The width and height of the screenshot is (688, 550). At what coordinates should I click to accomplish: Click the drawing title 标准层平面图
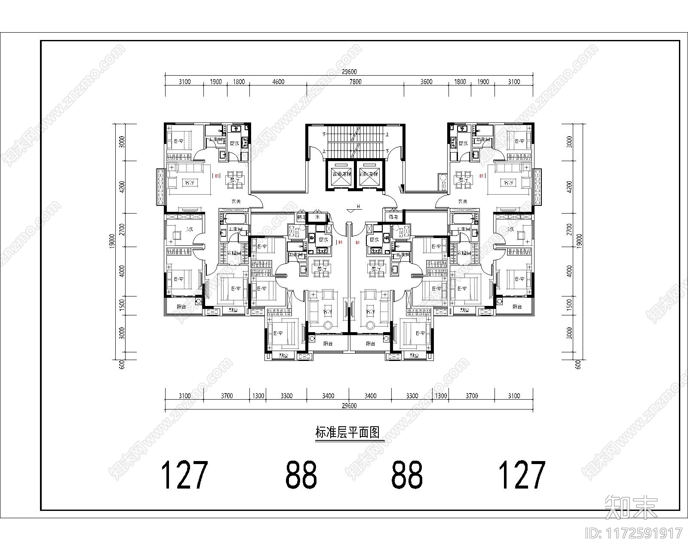click(349, 433)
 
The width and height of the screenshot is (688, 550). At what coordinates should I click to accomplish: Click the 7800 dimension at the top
click(355, 82)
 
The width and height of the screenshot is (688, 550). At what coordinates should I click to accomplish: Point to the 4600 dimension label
click(278, 82)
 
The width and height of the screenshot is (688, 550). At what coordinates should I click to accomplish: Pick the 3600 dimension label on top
click(426, 82)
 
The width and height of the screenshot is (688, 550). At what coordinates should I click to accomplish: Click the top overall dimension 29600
click(349, 72)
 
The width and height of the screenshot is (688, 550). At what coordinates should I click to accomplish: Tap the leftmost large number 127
click(184, 475)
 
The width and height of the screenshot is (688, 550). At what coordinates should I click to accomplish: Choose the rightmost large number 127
click(521, 475)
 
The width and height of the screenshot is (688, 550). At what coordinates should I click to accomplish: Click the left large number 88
click(301, 475)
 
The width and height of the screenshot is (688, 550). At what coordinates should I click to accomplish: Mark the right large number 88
click(407, 475)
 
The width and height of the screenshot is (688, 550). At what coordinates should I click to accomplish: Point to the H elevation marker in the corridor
click(358, 207)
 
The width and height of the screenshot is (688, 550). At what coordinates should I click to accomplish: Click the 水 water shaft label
click(318, 217)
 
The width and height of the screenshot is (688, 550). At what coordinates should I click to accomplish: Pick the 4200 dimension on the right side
click(570, 187)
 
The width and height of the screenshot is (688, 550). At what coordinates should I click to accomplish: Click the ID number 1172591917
click(634, 533)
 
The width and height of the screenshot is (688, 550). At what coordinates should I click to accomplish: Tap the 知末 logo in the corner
click(631, 507)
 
